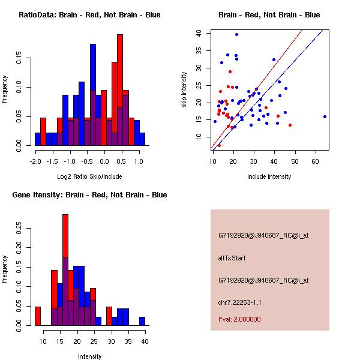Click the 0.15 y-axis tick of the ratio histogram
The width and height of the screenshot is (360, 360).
(x=22, y=59)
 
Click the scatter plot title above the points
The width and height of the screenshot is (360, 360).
(x=269, y=14)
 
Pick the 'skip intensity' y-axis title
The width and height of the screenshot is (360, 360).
(x=185, y=89)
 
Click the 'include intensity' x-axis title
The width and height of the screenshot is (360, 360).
(x=269, y=176)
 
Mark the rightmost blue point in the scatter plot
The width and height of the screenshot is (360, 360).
(x=325, y=116)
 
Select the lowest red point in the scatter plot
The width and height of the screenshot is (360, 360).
(x=219, y=145)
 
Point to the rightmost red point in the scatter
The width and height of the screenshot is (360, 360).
(x=290, y=125)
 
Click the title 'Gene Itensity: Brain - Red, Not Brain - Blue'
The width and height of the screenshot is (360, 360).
(x=89, y=194)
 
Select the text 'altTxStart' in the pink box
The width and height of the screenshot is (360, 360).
(x=232, y=258)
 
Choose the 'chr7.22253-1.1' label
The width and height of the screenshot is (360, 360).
(x=239, y=302)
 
